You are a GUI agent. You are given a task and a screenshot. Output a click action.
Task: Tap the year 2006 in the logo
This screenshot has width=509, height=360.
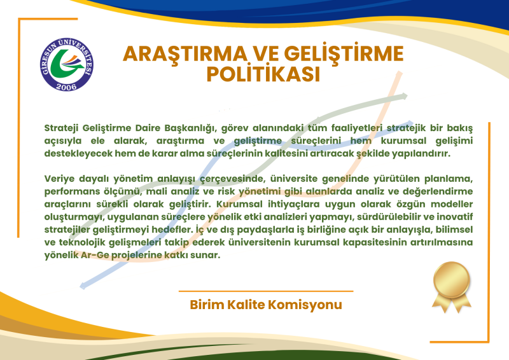click(66, 87)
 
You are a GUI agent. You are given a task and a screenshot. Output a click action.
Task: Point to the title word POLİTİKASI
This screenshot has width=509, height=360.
click(263, 73)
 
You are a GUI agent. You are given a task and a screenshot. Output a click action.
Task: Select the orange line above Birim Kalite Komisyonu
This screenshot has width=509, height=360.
click(266, 291)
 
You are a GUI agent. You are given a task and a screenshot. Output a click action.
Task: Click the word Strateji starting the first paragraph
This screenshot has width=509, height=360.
click(61, 128)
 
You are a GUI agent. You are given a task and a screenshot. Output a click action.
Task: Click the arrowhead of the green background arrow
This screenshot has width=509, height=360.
click(405, 97)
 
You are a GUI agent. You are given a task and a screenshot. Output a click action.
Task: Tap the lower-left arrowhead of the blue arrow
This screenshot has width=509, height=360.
click(83, 286)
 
